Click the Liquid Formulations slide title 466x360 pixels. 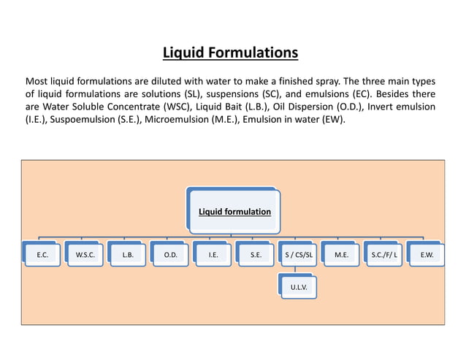pos(230,53)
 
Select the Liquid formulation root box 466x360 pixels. pos(234,212)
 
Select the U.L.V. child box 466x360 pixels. pos(299,288)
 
